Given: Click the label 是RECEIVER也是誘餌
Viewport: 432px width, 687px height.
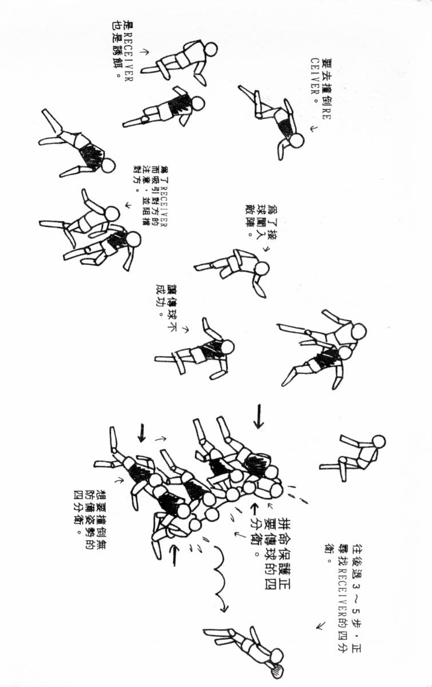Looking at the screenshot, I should pyautogui.click(x=124, y=51).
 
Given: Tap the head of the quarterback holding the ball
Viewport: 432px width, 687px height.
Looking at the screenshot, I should pyautogui.click(x=276, y=655).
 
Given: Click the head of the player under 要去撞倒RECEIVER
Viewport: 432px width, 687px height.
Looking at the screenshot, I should pyautogui.click(x=296, y=139).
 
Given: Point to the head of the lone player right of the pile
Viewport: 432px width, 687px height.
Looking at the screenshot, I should pyautogui.click(x=378, y=442).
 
